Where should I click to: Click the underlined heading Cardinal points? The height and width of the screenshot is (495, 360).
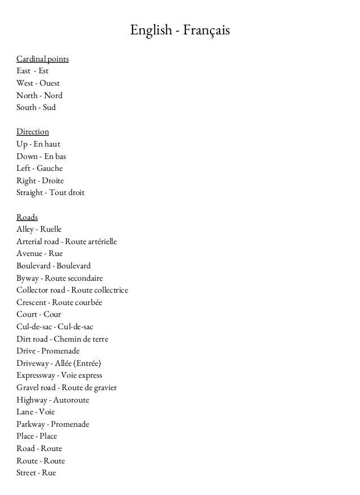click(43, 59)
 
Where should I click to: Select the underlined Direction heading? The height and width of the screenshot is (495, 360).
click(33, 132)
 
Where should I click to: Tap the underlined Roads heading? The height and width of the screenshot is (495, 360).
click(27, 217)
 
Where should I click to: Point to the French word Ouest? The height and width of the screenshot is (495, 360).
click(50, 83)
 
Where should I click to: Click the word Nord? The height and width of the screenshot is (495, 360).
click(53, 95)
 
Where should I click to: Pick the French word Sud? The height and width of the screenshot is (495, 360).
click(50, 107)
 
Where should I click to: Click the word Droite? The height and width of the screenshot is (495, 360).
click(52, 181)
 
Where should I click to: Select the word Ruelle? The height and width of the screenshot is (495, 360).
click(51, 229)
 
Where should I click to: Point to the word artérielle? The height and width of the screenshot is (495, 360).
click(100, 242)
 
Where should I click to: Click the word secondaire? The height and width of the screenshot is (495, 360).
click(85, 279)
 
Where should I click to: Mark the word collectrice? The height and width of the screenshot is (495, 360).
click(111, 290)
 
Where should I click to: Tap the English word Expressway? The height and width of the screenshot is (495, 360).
click(36, 375)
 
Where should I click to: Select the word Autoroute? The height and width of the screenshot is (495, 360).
click(71, 400)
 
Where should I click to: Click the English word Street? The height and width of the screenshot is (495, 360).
click(27, 473)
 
